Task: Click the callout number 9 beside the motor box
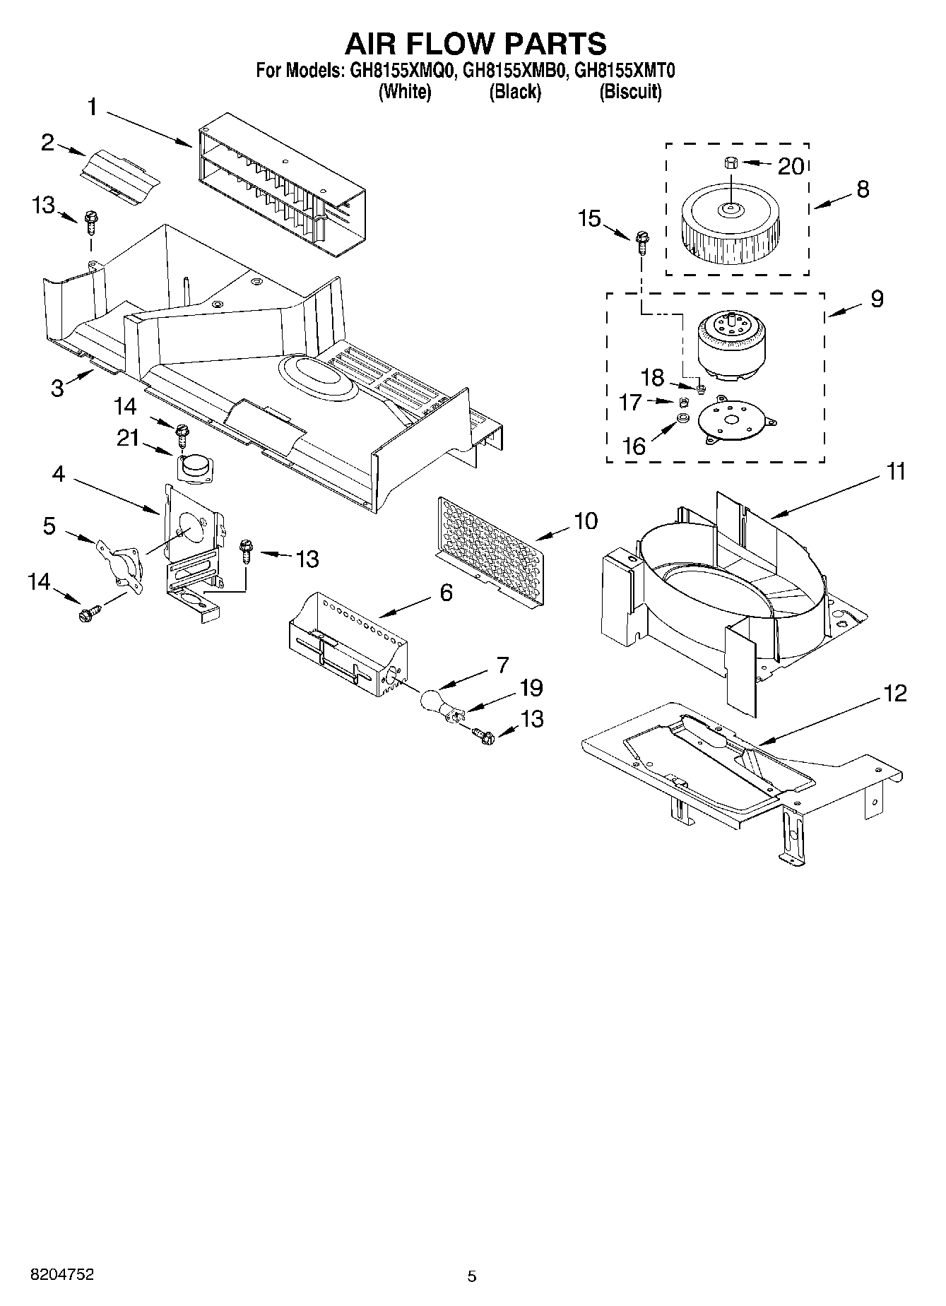tap(876, 299)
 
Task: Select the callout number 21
tap(128, 438)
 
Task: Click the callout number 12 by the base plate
tap(894, 694)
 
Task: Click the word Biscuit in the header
tap(630, 92)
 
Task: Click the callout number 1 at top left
tap(93, 107)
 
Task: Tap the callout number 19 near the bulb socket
tap(531, 688)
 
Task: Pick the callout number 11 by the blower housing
tap(895, 471)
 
